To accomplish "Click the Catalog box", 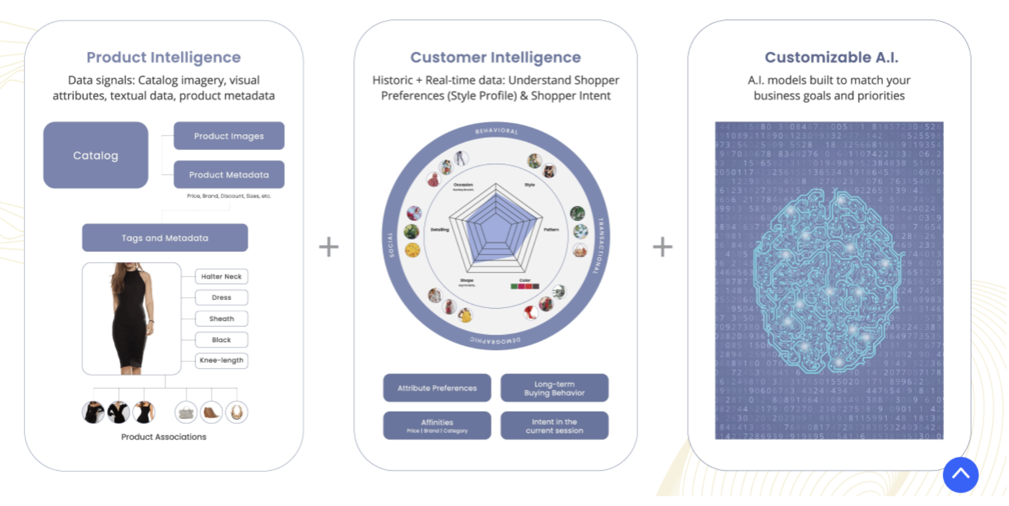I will coord(95,155).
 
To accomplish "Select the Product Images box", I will coord(229,136).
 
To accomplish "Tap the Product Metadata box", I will coord(229,174).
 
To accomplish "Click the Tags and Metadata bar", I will coord(165,238).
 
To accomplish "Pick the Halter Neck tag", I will coord(221,277).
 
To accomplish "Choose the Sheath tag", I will coord(221,318).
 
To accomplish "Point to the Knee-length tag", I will coord(221,360).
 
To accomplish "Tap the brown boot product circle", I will coord(211,412).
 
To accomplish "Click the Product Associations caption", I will coord(164,437).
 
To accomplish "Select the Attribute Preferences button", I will coord(437,388).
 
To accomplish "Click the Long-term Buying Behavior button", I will coord(554,388).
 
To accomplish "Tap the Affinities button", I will coord(437,426).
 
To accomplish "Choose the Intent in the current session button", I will coord(554,426).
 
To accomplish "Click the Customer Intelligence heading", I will coord(495,57).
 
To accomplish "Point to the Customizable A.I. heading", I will coord(831,57).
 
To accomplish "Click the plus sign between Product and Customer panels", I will coord(329,247).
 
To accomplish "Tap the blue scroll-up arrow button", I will coord(960,474).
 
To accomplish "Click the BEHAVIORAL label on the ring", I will coord(496,131).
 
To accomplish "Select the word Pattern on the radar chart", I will coord(551,230).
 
